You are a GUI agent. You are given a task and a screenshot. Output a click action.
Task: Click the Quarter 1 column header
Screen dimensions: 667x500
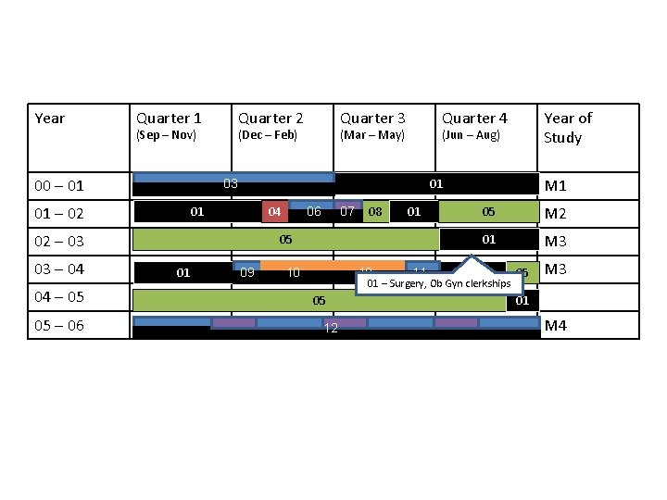point(169,118)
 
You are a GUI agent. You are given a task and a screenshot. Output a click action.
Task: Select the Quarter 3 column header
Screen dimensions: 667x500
point(372,118)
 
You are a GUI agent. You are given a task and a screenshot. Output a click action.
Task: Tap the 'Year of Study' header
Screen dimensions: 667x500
point(567,128)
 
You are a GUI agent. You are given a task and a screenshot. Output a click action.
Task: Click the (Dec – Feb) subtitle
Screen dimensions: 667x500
point(268,135)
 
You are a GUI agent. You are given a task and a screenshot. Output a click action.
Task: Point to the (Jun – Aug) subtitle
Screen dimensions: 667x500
point(471,135)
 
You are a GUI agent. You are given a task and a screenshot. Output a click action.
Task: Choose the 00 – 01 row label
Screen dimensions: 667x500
point(59,186)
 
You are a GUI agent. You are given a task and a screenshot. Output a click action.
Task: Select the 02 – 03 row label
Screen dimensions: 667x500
point(59,242)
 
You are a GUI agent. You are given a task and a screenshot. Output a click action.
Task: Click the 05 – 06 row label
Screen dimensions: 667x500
point(59,325)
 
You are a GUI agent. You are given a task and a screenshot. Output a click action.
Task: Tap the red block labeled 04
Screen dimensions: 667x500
point(274,211)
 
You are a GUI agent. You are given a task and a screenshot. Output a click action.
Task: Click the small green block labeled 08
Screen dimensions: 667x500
point(375,212)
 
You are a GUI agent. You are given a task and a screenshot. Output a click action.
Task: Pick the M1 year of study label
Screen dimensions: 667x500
point(556,186)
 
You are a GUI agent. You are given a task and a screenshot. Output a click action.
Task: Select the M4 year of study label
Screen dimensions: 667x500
point(556,325)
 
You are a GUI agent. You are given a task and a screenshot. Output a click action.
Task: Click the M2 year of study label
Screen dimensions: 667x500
point(556,215)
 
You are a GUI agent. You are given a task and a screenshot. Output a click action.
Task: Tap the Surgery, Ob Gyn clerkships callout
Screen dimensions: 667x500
point(439,282)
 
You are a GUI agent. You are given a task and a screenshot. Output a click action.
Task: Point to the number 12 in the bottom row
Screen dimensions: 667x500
point(330,330)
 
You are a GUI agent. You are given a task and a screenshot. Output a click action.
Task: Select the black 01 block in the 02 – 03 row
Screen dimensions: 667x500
point(488,240)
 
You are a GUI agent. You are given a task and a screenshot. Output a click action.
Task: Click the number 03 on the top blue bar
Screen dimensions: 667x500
point(231,183)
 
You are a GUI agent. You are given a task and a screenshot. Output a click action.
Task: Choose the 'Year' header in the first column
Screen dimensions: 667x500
point(50,118)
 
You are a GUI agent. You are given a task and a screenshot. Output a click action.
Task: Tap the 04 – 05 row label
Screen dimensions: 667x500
point(59,297)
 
